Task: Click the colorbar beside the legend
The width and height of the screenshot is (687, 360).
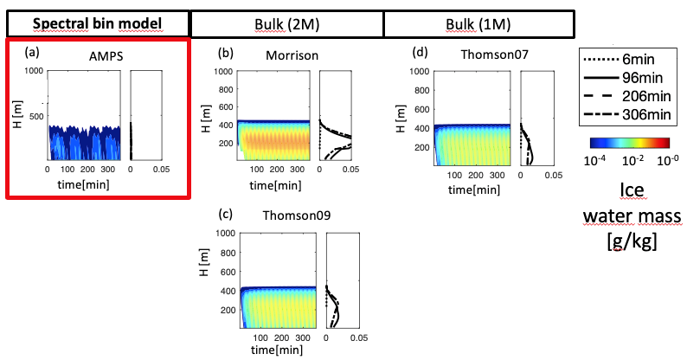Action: coord(631,141)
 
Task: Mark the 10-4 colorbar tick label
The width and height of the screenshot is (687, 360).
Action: coord(599,161)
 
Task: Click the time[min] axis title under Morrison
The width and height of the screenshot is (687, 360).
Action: coord(275,186)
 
